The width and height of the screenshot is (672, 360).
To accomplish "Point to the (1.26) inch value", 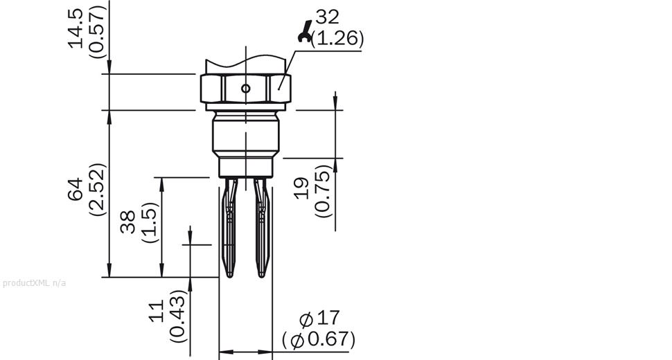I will pos(337,38).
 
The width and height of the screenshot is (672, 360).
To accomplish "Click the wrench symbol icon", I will pos(303,32).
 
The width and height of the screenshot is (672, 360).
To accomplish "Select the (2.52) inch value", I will pos(98,188).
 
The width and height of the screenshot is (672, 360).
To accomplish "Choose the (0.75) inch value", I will pos(323,190).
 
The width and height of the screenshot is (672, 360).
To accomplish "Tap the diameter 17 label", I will pos(319,318).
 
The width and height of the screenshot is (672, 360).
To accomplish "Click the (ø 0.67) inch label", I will pos(319,340).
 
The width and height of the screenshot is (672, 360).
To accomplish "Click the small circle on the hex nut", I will pos(245,88).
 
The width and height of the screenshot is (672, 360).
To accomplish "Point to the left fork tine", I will pos(231,228).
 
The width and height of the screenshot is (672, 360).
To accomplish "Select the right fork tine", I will pos(261,228).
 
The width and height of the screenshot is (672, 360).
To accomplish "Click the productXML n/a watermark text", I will pos(35,282).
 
